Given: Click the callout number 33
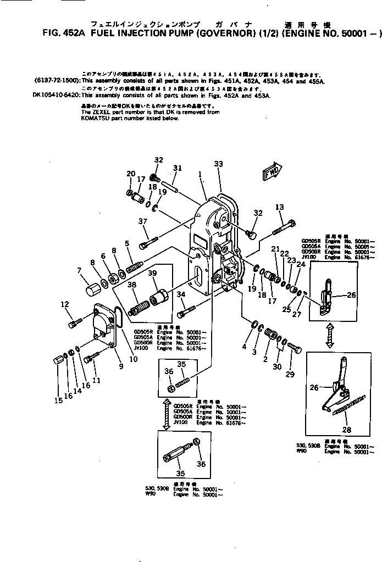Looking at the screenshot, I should pyautogui.click(x=218, y=164).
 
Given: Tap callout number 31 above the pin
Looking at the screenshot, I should pyautogui.click(x=177, y=168).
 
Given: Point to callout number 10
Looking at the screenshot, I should pyautogui.click(x=132, y=359).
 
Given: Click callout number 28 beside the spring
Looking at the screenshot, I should pyautogui.click(x=346, y=430).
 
